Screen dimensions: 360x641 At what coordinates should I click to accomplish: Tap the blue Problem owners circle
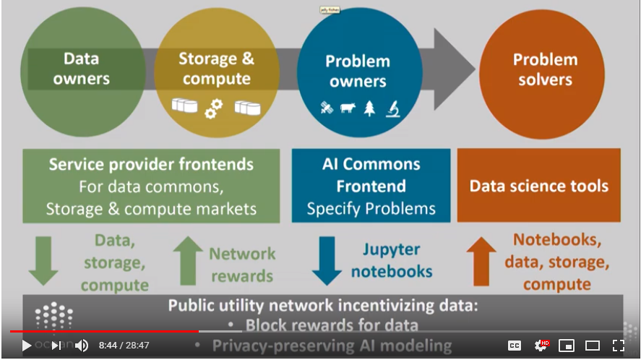359,71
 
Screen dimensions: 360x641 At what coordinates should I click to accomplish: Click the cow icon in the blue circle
348,108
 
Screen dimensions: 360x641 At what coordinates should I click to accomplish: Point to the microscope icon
392,108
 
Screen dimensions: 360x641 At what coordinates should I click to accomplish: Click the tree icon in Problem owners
369,108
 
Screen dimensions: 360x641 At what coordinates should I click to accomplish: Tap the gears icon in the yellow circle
214,108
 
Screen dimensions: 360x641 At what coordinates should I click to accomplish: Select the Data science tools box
538,186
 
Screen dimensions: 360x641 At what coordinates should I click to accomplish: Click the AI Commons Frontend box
371,186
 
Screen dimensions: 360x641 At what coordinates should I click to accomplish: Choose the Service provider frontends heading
151,164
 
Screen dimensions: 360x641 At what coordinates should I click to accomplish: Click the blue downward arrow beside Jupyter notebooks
327,261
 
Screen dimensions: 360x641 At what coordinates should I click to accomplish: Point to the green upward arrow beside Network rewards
188,261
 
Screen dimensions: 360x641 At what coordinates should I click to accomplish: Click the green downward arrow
43,261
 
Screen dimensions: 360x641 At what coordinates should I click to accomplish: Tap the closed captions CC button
515,346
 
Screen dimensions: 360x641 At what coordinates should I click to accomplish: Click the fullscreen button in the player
619,346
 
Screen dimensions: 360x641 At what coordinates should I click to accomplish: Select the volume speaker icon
81,346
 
